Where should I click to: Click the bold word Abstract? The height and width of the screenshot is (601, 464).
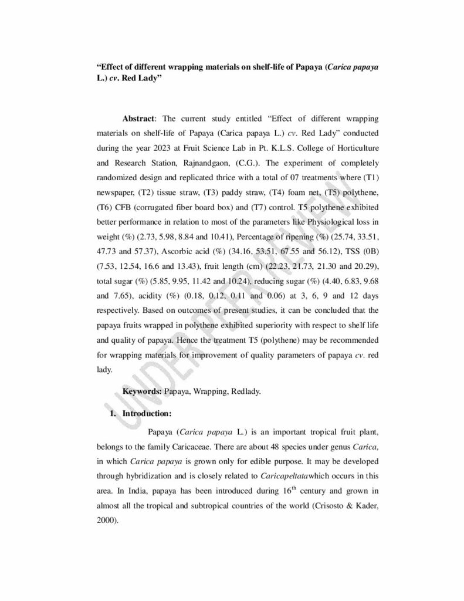click(138, 119)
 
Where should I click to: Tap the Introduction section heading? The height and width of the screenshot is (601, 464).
click(147, 413)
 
